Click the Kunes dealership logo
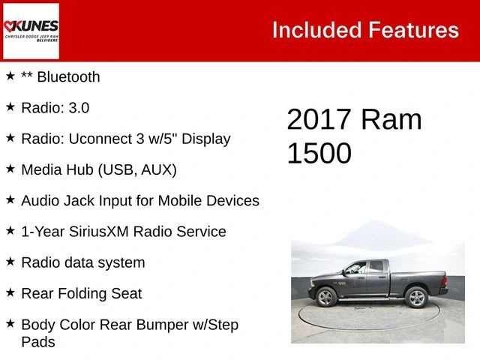coord(31,31)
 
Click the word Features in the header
coord(413,30)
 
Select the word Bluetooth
coord(68,76)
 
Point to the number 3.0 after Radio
coord(79,108)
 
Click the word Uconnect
coord(100,139)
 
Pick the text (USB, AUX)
coord(137,170)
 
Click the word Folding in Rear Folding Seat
coord(82,293)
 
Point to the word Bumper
coord(163,325)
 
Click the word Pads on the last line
coord(38,342)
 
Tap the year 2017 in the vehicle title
coord(319,119)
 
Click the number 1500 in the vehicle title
coord(319,153)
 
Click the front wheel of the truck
coord(326,297)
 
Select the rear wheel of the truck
coord(416,297)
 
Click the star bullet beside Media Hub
coord(10,169)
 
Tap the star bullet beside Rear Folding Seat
coord(10,292)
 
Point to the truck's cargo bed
coord(418,280)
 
